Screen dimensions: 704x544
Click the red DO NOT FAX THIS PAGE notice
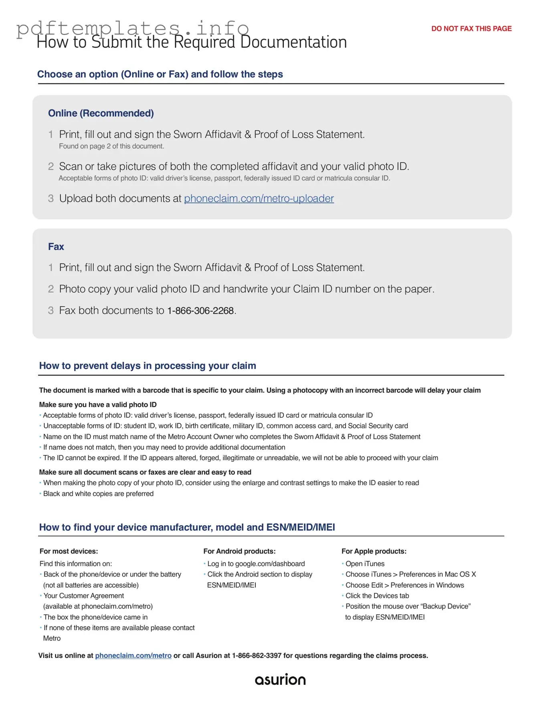coord(471,28)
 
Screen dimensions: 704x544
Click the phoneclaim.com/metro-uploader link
coord(259,198)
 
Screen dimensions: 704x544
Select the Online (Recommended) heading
coord(101,113)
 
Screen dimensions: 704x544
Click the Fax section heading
coord(56,247)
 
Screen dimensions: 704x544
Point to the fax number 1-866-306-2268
coord(200,311)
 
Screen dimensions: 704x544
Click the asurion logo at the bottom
coord(280,679)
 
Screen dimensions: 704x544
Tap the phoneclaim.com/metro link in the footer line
coord(133,655)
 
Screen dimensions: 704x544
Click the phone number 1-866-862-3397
coord(257,655)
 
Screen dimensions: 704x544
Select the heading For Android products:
coord(239,551)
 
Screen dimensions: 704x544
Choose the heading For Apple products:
coord(374,551)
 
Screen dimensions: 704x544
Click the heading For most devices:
coord(69,551)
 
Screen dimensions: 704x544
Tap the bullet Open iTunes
coord(365,564)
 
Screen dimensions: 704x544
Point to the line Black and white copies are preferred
coord(98,494)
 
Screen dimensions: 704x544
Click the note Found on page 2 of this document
coord(111,146)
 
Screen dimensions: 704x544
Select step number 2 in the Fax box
coord(51,289)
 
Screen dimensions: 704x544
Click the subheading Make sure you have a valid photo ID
coord(98,405)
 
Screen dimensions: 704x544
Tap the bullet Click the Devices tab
coord(377,596)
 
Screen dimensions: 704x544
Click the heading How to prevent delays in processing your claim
coord(148,366)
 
